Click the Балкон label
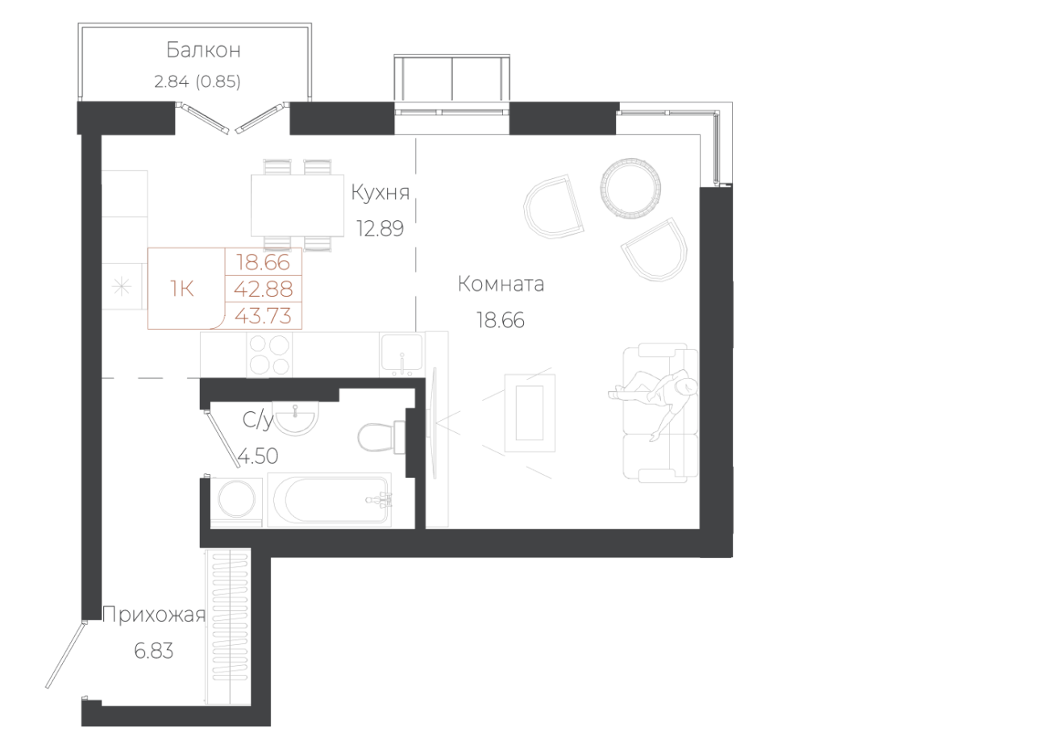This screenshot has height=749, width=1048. (x=203, y=51)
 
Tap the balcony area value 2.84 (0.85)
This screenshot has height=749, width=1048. (x=197, y=81)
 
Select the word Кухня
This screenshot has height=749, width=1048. (x=381, y=193)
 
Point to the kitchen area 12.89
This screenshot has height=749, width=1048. (x=380, y=229)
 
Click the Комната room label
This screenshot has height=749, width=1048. (x=501, y=285)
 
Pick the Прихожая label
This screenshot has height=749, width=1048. (x=153, y=617)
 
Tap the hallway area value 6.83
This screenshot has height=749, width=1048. (x=153, y=651)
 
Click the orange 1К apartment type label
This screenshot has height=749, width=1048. (x=182, y=288)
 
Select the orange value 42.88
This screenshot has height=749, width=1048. (x=263, y=289)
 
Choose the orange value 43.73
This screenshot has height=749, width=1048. (x=263, y=315)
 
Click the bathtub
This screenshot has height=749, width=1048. (x=329, y=500)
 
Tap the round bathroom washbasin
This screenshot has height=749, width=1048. (x=297, y=417)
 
